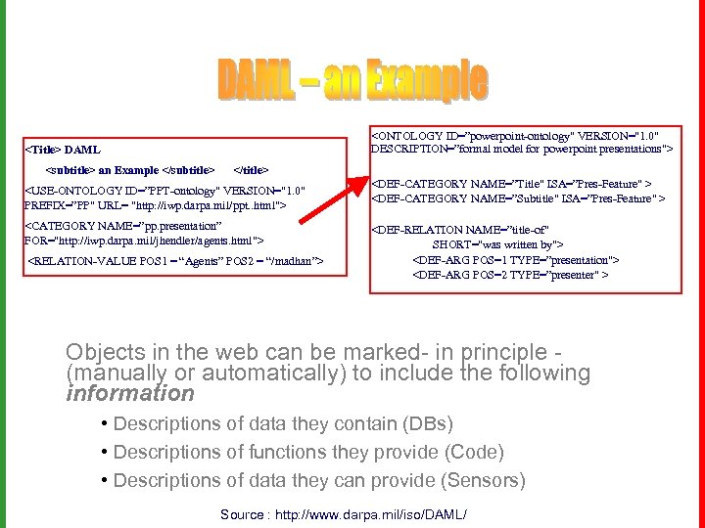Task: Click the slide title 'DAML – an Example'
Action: [352, 80]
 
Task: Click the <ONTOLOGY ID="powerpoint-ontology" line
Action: [520, 135]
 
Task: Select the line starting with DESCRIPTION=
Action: [520, 149]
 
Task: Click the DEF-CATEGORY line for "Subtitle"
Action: [518, 198]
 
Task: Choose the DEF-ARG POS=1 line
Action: [516, 260]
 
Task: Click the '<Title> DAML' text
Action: [62, 150]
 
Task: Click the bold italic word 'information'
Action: [130, 393]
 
